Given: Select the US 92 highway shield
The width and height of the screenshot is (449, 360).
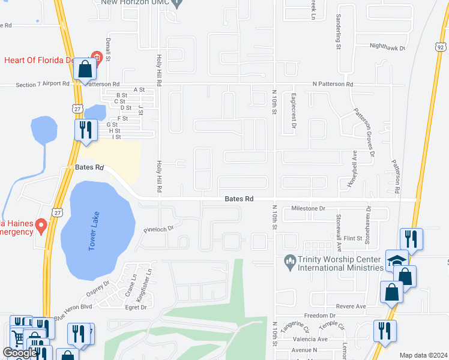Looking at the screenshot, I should click(x=441, y=45).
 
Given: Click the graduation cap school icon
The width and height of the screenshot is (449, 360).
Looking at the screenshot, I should click(x=396, y=260).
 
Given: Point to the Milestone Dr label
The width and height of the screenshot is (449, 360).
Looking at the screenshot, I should click(x=307, y=208).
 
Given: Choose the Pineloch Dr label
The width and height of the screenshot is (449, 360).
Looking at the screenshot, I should click(x=158, y=229).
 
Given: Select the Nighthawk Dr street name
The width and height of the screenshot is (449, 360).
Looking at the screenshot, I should click(x=387, y=46).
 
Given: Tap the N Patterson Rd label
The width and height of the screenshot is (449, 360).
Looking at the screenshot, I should click(x=332, y=84).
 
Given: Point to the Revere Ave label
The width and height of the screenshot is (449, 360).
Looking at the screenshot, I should click(x=351, y=306).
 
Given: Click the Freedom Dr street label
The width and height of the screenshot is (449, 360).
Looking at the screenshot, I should click(x=319, y=316).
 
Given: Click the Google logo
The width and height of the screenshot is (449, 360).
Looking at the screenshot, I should click(x=19, y=353).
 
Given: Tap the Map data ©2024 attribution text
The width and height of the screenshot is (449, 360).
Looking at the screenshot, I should click(x=423, y=355).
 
